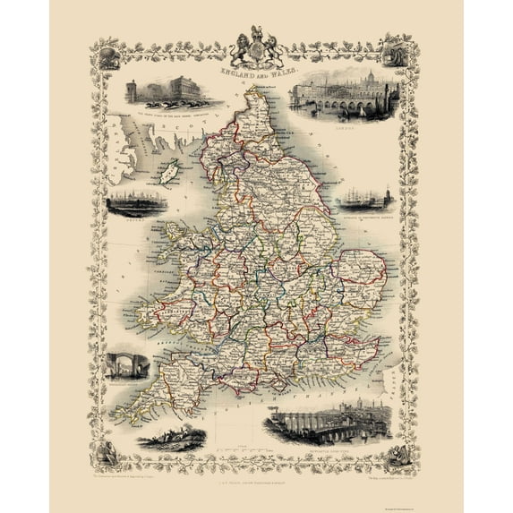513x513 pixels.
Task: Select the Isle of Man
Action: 167,172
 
